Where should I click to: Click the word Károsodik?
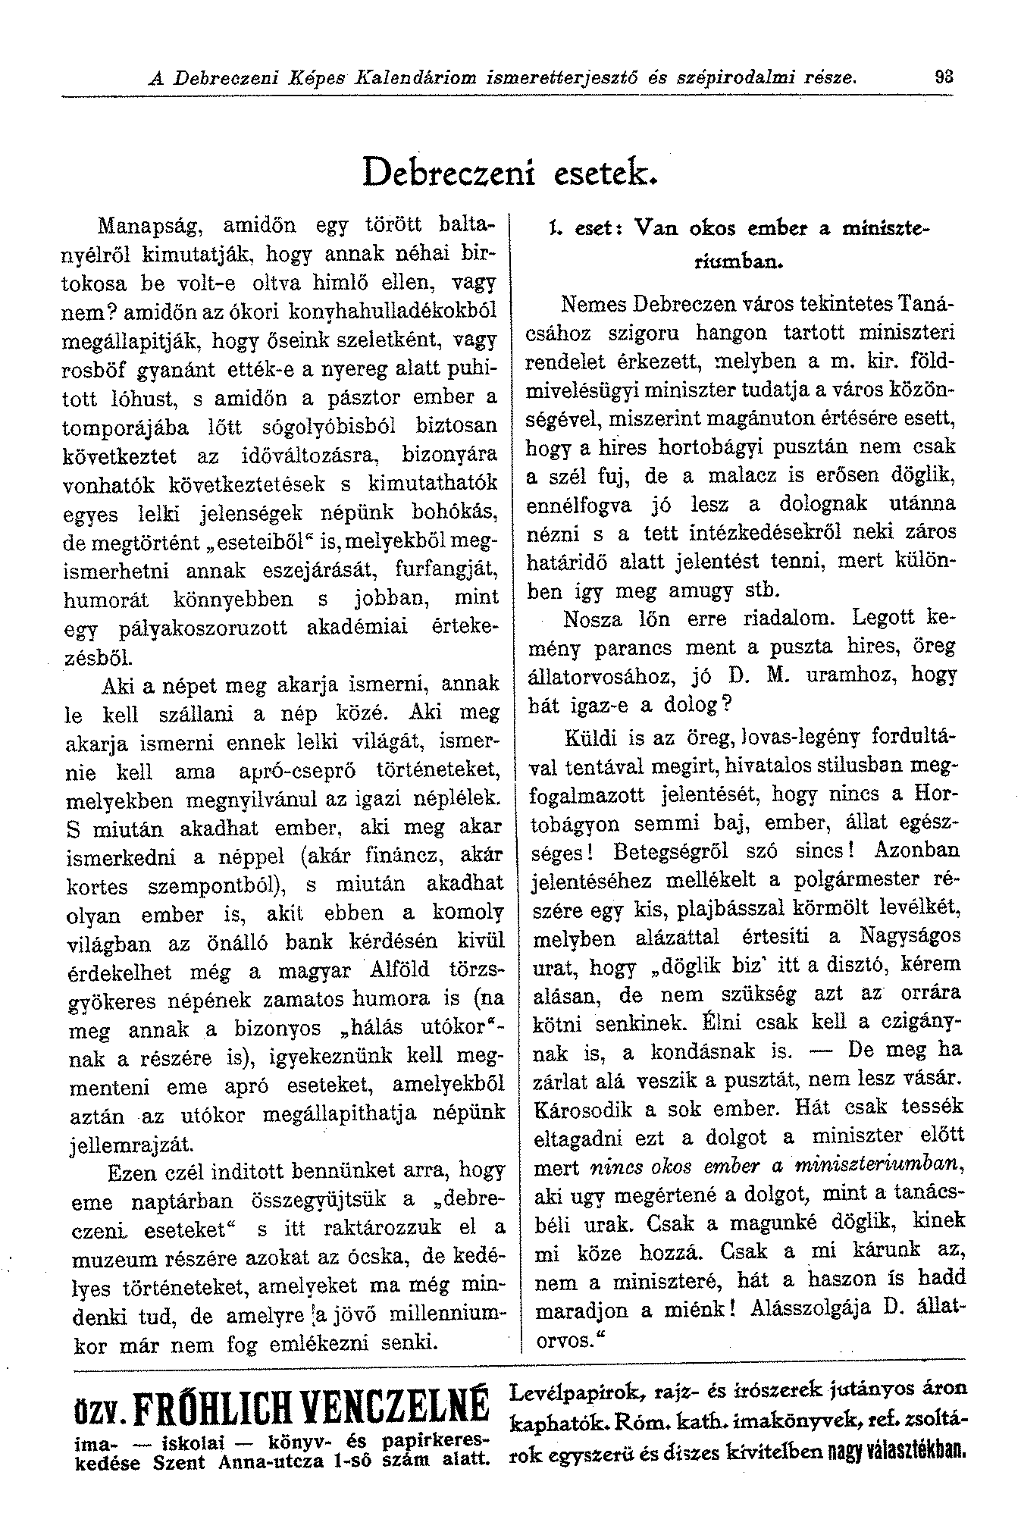click(x=581, y=1110)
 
